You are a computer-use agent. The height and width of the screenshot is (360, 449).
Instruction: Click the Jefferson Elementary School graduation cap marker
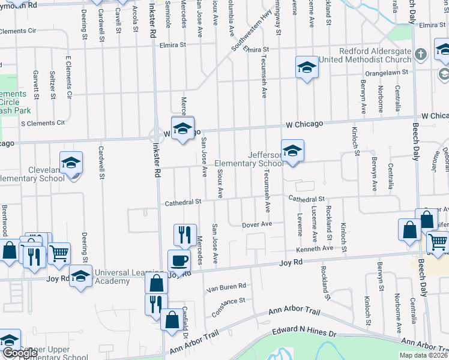(292, 151)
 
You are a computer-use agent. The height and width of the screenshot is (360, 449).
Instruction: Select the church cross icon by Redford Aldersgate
(421, 54)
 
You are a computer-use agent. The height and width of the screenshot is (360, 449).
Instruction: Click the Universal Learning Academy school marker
(80, 277)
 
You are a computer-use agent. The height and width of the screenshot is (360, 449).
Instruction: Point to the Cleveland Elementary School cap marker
(71, 163)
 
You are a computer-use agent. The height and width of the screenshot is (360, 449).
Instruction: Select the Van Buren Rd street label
(226, 286)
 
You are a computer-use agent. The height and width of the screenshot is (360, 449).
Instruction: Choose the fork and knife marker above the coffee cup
(185, 234)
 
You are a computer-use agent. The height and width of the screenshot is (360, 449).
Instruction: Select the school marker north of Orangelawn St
(307, 67)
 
